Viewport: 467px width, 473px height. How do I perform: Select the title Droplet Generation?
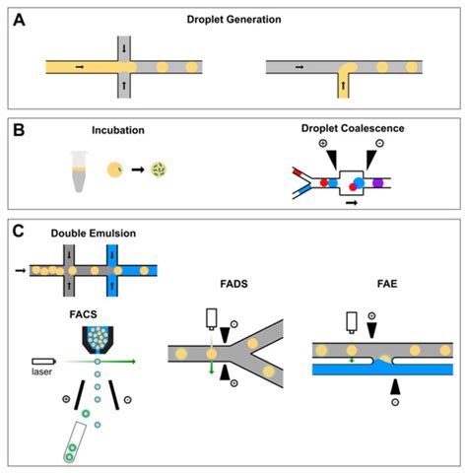pyautogui.click(x=235, y=19)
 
